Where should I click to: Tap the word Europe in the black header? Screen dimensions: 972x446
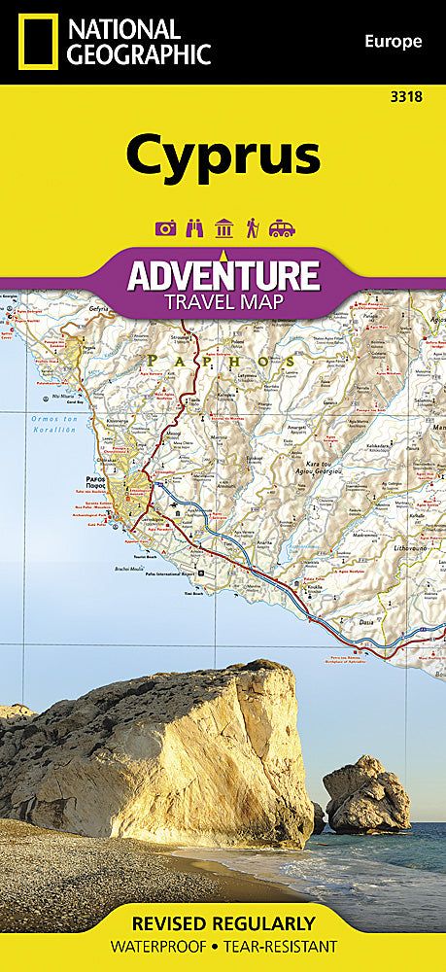click(x=394, y=41)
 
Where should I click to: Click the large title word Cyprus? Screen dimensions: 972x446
click(x=223, y=155)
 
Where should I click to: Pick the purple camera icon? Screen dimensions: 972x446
click(x=165, y=228)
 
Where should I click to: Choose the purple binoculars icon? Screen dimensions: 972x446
click(x=194, y=228)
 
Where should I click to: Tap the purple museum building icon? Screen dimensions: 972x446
click(x=223, y=228)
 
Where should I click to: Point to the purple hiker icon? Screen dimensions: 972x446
click(x=252, y=228)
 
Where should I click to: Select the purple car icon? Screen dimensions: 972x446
click(x=282, y=228)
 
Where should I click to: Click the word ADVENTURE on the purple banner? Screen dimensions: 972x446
click(x=223, y=273)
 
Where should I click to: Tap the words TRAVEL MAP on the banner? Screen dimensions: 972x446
click(x=223, y=301)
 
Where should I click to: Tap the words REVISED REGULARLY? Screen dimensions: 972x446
click(x=223, y=922)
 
